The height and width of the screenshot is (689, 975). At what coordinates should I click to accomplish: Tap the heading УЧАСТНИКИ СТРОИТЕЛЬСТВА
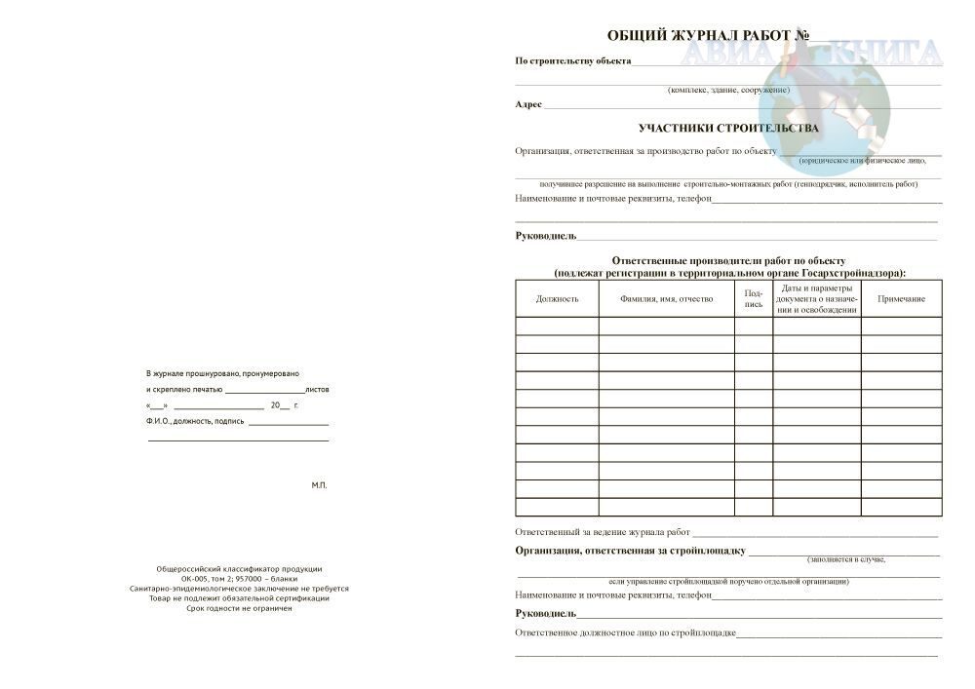(728, 128)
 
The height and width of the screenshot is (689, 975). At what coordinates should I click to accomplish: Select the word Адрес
(528, 104)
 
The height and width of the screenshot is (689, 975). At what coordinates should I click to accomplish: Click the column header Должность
(557, 299)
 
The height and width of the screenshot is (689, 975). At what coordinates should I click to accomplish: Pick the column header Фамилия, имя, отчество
(666, 299)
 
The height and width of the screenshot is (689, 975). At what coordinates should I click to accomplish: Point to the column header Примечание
(901, 299)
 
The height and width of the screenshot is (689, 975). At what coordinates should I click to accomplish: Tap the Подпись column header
(753, 298)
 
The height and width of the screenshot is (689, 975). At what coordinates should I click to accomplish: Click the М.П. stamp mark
(320, 484)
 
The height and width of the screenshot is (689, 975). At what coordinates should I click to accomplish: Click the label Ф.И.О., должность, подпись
(195, 421)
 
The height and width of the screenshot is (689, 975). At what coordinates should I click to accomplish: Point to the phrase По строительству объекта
(572, 61)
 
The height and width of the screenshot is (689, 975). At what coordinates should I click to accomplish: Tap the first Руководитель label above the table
(546, 236)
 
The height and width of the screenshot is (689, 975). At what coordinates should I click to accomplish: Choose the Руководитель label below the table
(546, 614)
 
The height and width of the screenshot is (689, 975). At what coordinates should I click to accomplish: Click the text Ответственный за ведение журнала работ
(603, 532)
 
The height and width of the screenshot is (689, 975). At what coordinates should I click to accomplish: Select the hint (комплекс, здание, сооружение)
(728, 90)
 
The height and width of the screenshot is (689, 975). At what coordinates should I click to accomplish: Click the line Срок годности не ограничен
(239, 608)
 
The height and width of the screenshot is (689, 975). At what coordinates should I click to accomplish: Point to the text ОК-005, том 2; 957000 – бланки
(239, 579)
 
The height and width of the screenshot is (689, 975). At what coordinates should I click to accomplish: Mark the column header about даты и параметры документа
(817, 299)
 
